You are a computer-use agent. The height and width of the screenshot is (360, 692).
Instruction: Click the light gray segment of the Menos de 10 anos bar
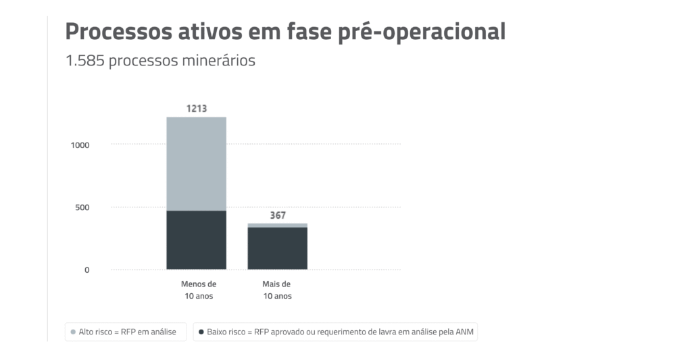coord(196,163)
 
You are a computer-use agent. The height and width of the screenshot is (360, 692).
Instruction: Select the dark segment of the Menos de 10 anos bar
coord(196,240)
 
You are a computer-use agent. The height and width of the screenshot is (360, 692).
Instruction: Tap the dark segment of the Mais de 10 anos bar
coord(277,249)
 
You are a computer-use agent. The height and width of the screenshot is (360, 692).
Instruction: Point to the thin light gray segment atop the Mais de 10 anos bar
coord(277,225)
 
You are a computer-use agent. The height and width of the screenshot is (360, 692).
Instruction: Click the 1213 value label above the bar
coord(196,108)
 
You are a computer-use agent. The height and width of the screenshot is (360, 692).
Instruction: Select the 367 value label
coord(277,215)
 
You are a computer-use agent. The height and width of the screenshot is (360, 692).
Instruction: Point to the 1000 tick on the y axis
coord(80,145)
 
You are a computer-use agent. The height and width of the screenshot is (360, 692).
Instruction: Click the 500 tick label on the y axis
coord(82,207)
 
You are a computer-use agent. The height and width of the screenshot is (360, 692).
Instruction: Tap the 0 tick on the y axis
coord(86,270)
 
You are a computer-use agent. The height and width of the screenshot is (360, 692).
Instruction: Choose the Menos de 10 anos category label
coord(199,290)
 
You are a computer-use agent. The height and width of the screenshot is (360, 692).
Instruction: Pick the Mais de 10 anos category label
coord(277,290)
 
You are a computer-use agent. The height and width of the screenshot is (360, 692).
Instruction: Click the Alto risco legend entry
coord(126,332)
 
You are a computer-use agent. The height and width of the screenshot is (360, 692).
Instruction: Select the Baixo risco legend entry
coord(335,332)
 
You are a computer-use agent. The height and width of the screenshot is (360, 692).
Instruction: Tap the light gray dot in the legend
coord(73,332)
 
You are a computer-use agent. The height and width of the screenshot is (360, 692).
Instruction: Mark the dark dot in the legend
coord(201,332)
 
